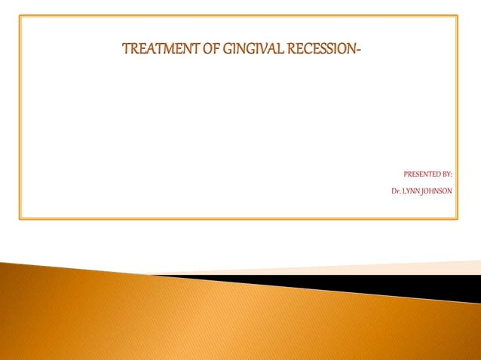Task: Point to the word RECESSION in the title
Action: [322, 51]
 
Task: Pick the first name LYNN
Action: [412, 191]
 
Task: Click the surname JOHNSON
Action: [438, 191]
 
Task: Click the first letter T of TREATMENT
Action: [126, 51]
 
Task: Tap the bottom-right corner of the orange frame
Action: [457, 218]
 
